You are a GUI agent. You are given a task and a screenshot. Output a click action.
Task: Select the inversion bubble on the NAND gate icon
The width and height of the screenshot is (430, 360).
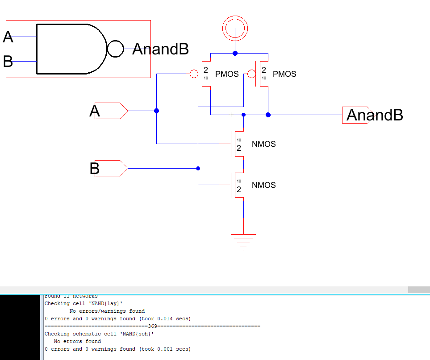(x=115, y=49)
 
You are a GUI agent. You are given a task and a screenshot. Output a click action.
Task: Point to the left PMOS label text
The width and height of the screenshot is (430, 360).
(x=227, y=74)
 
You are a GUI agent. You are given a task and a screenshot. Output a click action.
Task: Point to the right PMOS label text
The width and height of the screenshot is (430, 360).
(x=284, y=74)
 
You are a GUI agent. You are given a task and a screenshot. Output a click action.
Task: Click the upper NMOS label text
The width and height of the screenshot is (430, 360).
(x=263, y=144)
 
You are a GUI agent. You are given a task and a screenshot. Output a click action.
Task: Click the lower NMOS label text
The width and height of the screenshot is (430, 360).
(x=263, y=185)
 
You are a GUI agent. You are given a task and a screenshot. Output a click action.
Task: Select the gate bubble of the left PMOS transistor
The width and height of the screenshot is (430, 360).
(x=194, y=74)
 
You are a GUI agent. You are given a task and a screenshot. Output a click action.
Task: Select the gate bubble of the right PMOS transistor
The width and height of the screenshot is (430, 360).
(x=251, y=74)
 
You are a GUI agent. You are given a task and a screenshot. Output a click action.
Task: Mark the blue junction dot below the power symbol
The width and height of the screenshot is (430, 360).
(x=235, y=53)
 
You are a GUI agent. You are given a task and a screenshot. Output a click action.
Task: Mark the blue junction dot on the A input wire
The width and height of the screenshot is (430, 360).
(x=156, y=111)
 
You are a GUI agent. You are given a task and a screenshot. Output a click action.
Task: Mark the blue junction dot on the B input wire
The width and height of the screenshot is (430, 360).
(x=198, y=168)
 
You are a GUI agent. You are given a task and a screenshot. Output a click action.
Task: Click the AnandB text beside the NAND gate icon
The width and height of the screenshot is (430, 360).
(x=161, y=49)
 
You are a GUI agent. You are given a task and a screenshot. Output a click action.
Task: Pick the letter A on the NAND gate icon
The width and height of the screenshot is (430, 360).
(x=8, y=37)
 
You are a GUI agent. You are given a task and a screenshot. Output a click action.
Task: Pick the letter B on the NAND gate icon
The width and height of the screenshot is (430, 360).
(x=8, y=61)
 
